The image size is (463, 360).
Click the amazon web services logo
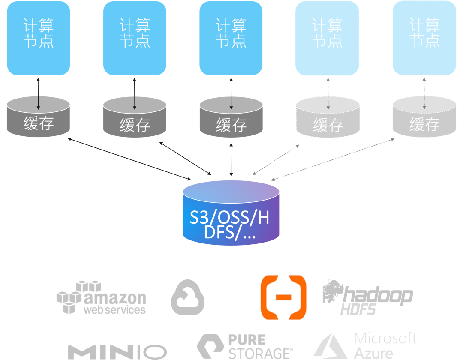(x=101, y=297)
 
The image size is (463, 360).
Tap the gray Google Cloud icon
(x=188, y=297)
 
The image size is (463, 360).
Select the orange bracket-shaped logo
(x=283, y=297)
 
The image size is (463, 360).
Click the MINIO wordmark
(x=117, y=352)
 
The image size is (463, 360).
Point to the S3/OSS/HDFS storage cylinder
(x=231, y=213)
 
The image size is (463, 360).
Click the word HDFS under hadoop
(x=358, y=309)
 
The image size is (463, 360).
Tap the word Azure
(x=373, y=353)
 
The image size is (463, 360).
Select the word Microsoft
(x=385, y=338)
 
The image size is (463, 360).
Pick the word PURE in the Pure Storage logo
(x=247, y=339)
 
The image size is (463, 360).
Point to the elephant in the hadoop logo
(x=333, y=291)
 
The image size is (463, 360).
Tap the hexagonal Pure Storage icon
(x=210, y=346)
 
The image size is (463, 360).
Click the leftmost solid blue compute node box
(x=39, y=38)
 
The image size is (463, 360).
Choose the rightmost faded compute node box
(x=424, y=38)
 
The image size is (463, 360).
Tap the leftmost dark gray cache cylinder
(x=39, y=117)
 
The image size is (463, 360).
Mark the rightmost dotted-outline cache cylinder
(x=424, y=117)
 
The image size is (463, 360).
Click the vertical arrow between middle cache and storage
(x=231, y=159)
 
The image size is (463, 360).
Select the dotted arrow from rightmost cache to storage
(x=333, y=159)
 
